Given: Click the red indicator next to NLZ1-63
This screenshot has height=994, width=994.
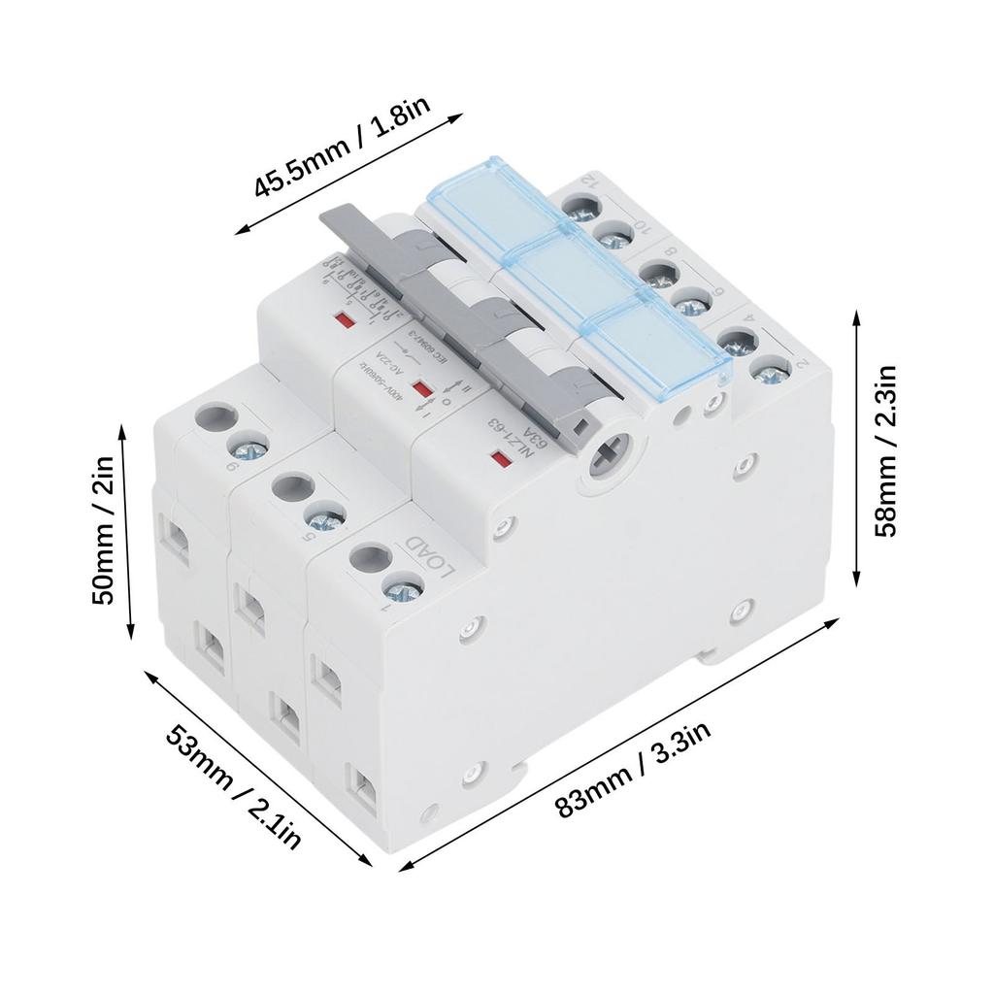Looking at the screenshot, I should coord(502,458).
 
